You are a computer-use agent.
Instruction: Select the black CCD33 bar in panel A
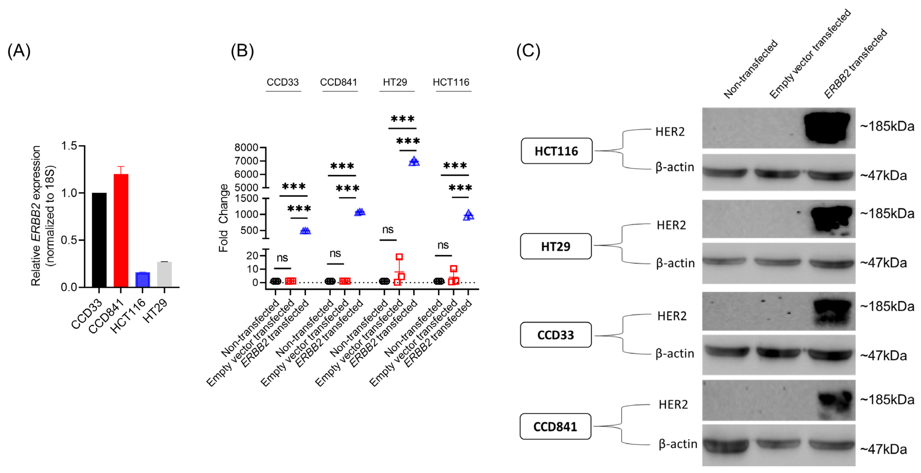point(99,240)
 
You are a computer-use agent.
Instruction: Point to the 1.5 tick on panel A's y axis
point(69,146)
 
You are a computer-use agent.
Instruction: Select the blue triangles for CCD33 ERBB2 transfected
point(305,231)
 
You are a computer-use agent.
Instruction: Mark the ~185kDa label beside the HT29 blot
point(887,214)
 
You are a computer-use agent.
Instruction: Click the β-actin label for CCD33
point(675,354)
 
